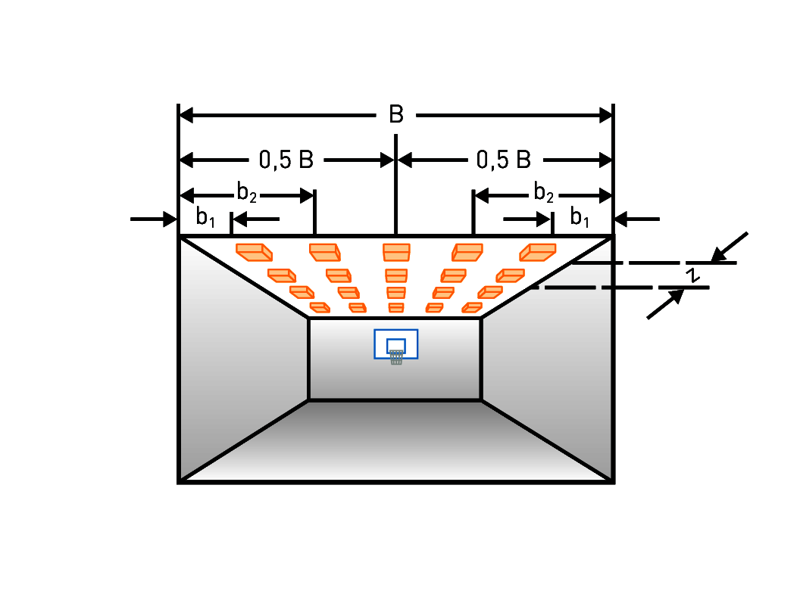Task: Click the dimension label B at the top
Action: tap(396, 114)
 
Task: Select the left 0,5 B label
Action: tap(286, 160)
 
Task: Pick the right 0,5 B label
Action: tap(504, 160)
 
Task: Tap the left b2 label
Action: tap(246, 193)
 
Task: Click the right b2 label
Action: tap(543, 193)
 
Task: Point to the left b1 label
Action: tap(205, 217)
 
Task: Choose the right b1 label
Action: tap(580, 217)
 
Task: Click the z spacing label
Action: tap(692, 275)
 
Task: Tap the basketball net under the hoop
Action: tap(396, 357)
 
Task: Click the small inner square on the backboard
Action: tap(396, 346)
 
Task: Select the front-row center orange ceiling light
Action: tap(396, 252)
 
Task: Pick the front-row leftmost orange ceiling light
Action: tap(254, 252)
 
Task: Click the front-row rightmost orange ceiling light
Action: tap(538, 252)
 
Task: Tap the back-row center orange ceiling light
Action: tap(396, 308)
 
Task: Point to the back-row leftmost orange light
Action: tap(320, 308)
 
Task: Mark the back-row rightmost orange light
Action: tap(472, 308)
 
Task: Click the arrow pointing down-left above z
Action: tap(730, 247)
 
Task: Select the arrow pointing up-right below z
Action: tap(665, 303)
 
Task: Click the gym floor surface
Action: tap(396, 440)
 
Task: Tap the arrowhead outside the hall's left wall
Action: tap(170, 219)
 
